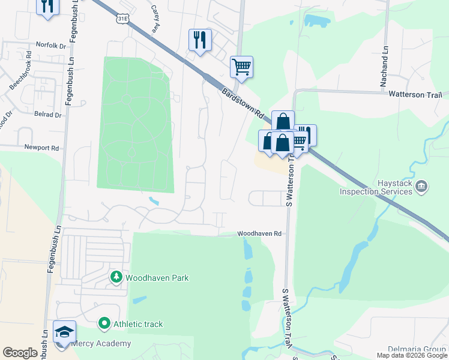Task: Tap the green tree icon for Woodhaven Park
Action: tap(116, 277)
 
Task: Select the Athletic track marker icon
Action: tap(104, 324)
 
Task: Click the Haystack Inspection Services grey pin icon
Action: tap(421, 187)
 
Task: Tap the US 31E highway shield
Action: tap(122, 19)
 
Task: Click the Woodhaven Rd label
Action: tap(259, 233)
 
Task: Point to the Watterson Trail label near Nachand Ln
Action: tap(415, 95)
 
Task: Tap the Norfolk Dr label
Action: tap(50, 45)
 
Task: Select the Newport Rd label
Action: tap(41, 148)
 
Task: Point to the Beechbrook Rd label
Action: tap(20, 70)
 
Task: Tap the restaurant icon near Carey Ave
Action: tap(200, 40)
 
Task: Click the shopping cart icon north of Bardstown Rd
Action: tap(241, 67)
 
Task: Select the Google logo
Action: tap(20, 353)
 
